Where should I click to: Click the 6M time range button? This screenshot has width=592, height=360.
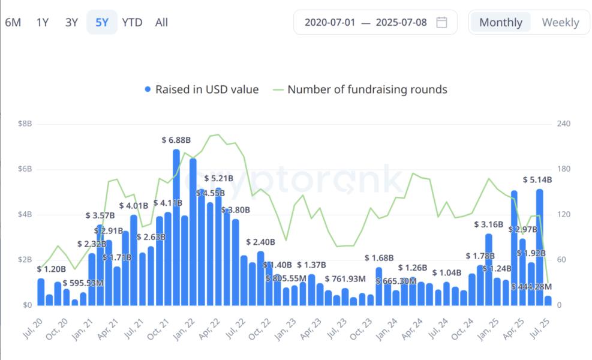click(x=13, y=23)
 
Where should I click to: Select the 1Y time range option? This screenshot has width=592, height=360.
click(x=43, y=23)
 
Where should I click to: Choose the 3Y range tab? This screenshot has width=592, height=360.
click(x=71, y=23)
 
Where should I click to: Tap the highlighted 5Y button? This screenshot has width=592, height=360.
click(x=101, y=23)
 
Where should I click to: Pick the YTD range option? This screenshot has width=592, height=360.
click(x=132, y=23)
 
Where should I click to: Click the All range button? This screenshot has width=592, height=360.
click(x=161, y=23)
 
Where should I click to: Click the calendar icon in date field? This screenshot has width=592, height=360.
click(x=441, y=23)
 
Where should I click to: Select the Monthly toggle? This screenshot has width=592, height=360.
click(x=500, y=23)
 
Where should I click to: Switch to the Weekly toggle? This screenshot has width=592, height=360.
click(x=560, y=23)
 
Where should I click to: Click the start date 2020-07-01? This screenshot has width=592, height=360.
click(x=330, y=23)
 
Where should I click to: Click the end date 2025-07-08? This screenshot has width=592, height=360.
click(x=401, y=23)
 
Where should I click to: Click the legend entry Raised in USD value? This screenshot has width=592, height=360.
click(x=202, y=89)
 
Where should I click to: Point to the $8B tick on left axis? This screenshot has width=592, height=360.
click(x=25, y=124)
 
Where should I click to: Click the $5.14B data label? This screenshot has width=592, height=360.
click(x=537, y=179)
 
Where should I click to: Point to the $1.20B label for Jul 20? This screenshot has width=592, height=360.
click(x=51, y=269)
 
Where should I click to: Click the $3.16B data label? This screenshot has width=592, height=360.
click(x=488, y=224)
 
